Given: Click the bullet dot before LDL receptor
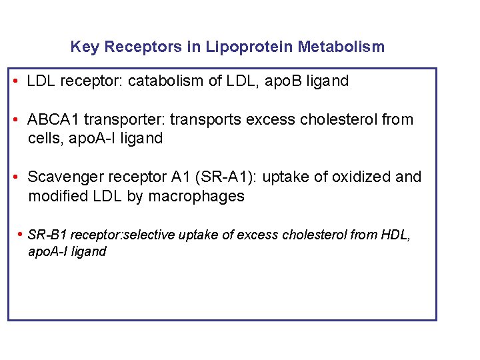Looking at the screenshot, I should pyautogui.click(x=15, y=81).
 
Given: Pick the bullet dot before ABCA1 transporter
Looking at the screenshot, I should pyautogui.click(x=15, y=120).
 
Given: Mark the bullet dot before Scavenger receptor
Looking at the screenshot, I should pyautogui.click(x=15, y=177).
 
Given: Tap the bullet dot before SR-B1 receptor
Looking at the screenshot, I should pyautogui.click(x=21, y=235).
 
